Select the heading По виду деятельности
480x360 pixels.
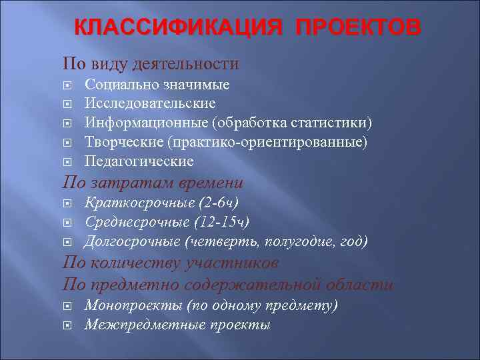click(151, 64)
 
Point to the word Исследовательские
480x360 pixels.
click(150, 104)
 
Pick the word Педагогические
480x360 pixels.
click(139, 161)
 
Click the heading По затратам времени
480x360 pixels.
click(153, 183)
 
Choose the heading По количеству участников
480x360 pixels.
click(171, 263)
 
